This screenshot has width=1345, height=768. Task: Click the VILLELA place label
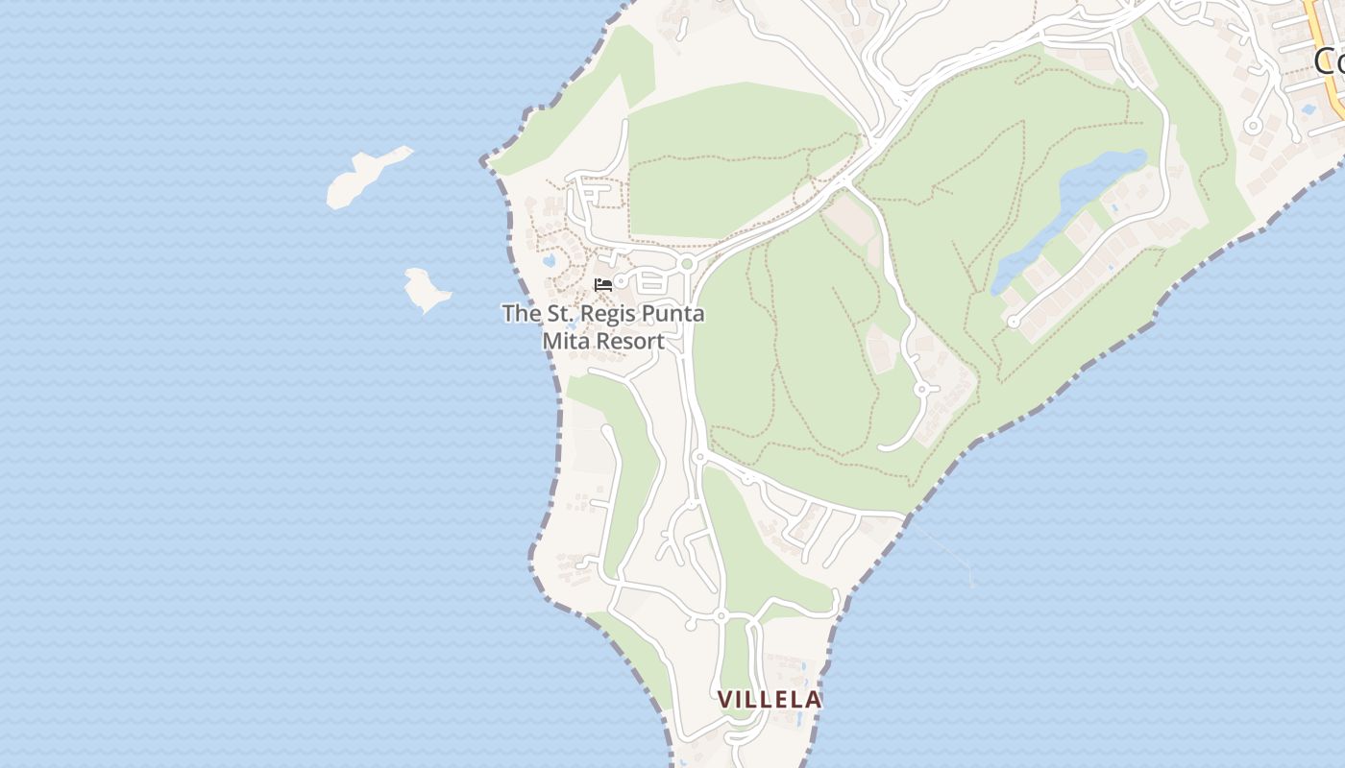770,700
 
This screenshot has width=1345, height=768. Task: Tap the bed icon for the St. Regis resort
603,284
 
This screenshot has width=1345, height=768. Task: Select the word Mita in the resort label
567,341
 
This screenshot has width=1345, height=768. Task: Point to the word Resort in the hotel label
630,341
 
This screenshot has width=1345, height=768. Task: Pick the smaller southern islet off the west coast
426,291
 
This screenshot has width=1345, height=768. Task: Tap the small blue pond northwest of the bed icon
549,259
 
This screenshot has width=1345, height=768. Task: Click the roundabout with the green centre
687,264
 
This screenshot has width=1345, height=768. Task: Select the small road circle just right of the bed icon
621,281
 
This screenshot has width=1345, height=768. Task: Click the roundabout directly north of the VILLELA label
721,615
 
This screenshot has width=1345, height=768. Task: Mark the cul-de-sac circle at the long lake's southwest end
1014,322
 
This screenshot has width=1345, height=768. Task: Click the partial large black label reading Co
1330,61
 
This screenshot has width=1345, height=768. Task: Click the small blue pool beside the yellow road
1307,108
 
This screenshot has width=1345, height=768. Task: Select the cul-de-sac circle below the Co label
1253,126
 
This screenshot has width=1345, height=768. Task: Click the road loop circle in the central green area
921,389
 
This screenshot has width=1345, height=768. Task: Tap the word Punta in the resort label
672,313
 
